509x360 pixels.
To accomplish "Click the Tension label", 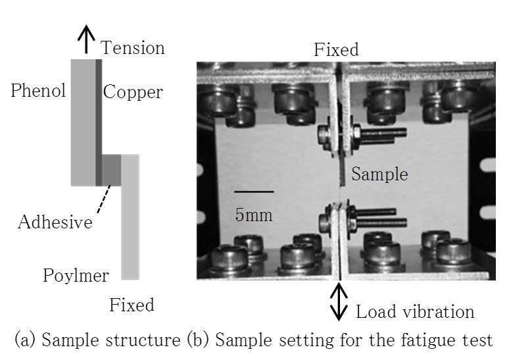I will [x=132, y=48].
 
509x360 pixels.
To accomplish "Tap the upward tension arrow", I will [x=85, y=41].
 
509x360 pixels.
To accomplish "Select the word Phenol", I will [x=38, y=91].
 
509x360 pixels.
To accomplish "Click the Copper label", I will [x=133, y=91].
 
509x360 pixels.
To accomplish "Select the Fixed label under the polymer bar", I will [x=132, y=305].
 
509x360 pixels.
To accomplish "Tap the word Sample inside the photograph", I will [x=379, y=174].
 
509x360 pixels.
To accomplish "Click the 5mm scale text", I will [x=253, y=214].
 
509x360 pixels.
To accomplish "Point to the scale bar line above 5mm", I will [x=253, y=192].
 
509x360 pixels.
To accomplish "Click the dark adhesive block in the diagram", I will [x=112, y=170].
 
